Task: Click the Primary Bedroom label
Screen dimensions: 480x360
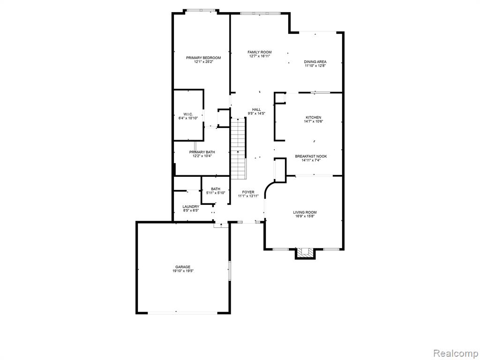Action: pyautogui.click(x=203, y=58)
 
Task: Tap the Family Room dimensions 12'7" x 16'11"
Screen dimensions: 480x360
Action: pyautogui.click(x=259, y=56)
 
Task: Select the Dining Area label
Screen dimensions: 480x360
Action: pyautogui.click(x=315, y=62)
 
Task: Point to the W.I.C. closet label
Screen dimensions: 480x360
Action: pyautogui.click(x=188, y=114)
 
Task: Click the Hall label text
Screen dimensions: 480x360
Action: pyautogui.click(x=256, y=110)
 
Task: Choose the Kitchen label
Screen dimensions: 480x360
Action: pyautogui.click(x=314, y=118)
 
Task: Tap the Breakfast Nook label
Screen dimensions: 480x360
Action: pyautogui.click(x=311, y=157)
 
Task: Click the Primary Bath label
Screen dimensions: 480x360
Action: pyautogui.click(x=202, y=152)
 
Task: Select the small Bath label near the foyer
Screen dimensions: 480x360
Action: pyautogui.click(x=216, y=189)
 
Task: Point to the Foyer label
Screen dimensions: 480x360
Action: pyautogui.click(x=248, y=192)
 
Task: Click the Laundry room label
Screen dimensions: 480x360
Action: pyautogui.click(x=191, y=207)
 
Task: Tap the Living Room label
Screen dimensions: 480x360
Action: pyautogui.click(x=305, y=212)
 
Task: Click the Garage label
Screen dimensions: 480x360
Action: pyautogui.click(x=183, y=267)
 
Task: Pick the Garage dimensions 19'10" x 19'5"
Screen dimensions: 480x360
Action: pyautogui.click(x=183, y=271)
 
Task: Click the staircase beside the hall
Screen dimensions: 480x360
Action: pyautogui.click(x=239, y=149)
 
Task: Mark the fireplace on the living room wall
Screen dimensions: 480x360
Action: pyautogui.click(x=305, y=253)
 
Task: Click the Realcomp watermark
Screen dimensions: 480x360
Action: pyautogui.click(x=456, y=353)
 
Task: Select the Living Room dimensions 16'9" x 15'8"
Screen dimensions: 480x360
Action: pyautogui.click(x=305, y=217)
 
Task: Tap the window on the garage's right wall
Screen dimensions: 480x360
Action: pyautogui.click(x=229, y=270)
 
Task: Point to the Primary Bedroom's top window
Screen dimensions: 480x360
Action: pyautogui.click(x=201, y=11)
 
